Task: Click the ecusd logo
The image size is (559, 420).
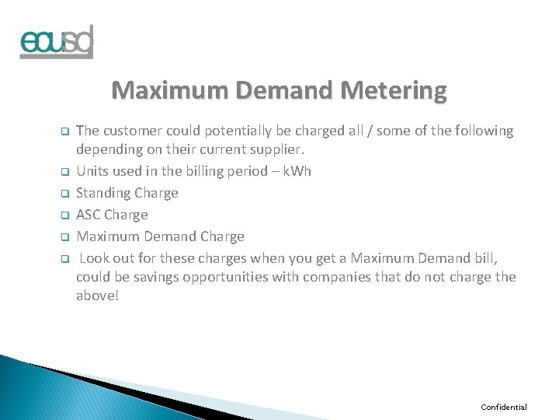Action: coord(57,43)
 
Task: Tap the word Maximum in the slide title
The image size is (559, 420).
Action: coord(165,91)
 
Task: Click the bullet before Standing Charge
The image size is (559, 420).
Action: coord(66,194)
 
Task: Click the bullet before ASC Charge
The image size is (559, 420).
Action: coord(66,215)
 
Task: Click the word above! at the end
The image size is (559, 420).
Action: coord(98,296)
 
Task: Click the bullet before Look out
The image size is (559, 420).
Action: coord(66,259)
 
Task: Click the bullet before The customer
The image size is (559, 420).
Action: coord(66,131)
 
